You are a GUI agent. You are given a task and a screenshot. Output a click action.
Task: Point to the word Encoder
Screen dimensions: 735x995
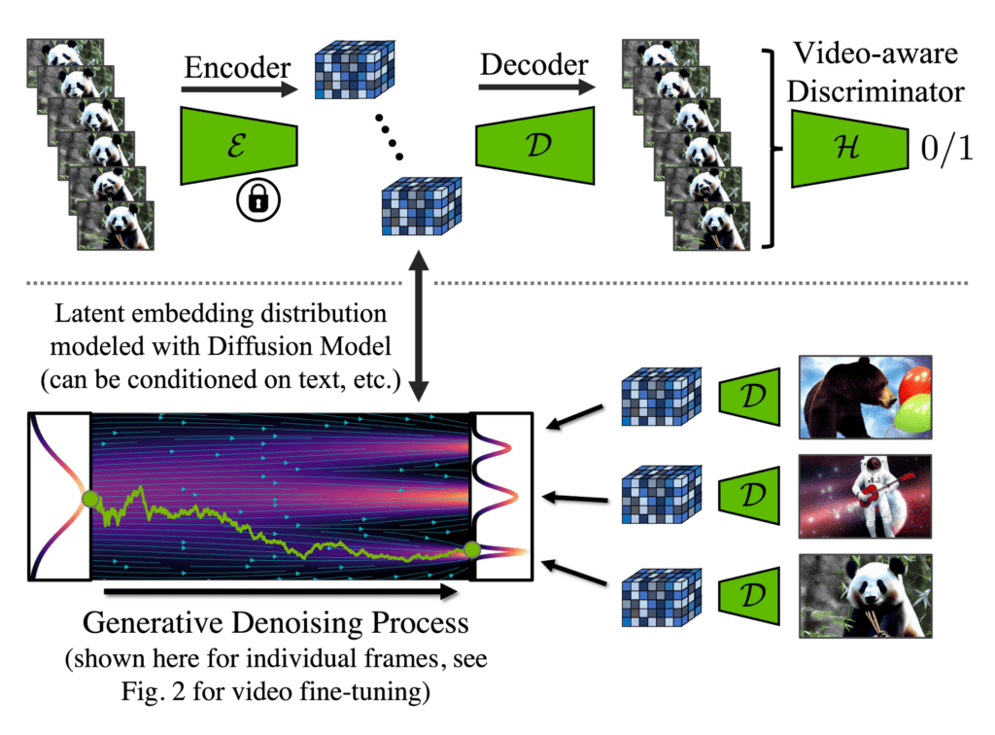236,68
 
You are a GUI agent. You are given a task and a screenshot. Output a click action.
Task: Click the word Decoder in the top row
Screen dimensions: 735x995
534,65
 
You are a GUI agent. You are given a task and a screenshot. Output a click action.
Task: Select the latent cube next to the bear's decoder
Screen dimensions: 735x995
661,401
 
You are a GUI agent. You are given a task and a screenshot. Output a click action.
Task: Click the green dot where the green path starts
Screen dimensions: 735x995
90,499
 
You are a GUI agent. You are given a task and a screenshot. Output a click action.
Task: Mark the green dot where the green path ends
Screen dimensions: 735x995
472,550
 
